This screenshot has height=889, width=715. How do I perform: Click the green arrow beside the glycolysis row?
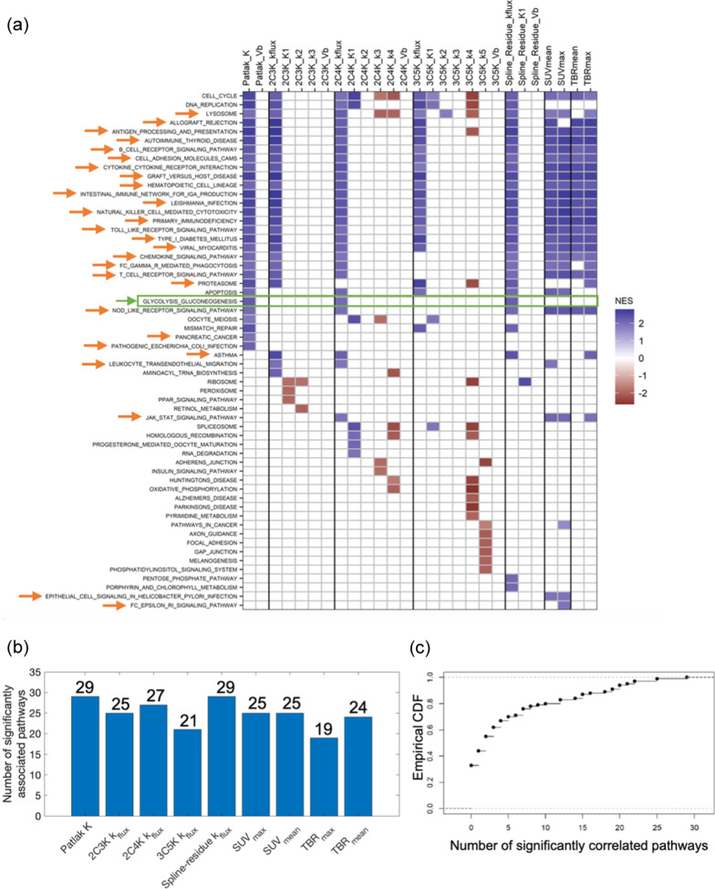(x=123, y=300)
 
